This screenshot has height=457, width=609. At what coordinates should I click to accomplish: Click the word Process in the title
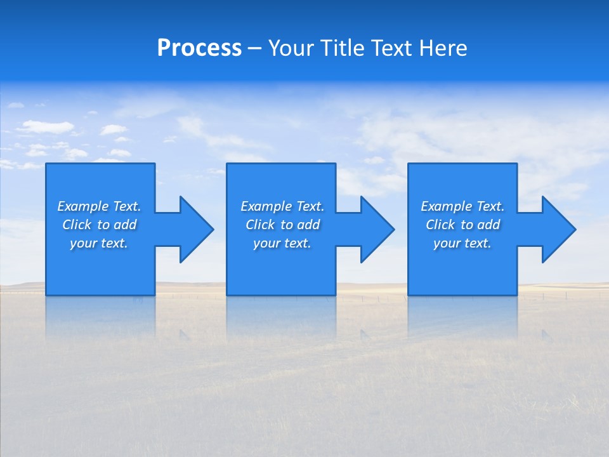tap(199, 48)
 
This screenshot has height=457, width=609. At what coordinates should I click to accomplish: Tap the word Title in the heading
tap(344, 48)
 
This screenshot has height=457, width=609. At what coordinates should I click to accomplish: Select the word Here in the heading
tap(443, 48)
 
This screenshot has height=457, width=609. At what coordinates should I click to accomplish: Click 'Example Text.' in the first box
tap(99, 206)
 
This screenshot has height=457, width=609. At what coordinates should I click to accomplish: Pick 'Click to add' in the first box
tap(99, 225)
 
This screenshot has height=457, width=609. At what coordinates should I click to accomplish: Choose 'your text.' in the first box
tap(99, 243)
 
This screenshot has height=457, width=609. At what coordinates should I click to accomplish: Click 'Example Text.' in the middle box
tap(282, 206)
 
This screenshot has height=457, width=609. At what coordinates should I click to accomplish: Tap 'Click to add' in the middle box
tap(282, 225)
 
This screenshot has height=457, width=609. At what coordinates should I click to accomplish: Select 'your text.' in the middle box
tap(282, 243)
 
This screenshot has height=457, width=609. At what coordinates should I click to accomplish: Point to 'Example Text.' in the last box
tap(462, 206)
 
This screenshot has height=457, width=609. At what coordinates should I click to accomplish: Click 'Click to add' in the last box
tap(462, 225)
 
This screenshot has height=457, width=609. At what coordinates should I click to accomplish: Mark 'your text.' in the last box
tap(462, 243)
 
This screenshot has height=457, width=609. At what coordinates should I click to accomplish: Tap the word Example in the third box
tap(447, 206)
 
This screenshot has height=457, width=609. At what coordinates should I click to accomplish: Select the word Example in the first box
tap(83, 206)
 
